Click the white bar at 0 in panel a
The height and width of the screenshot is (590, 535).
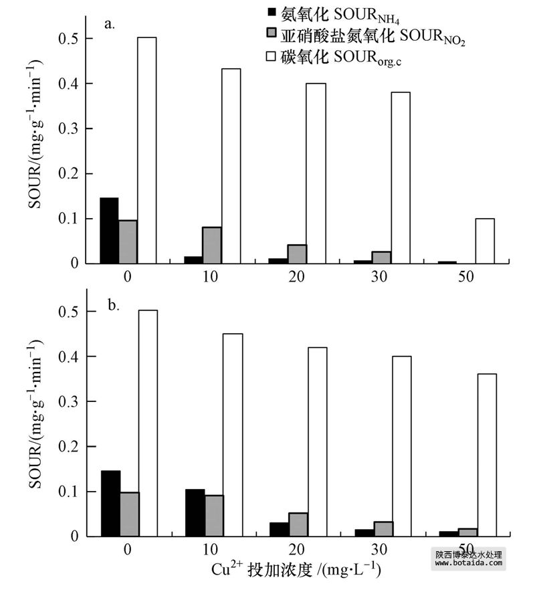coord(146,151)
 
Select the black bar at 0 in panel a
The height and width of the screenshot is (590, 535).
coord(109,231)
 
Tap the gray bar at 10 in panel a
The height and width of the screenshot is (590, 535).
coord(212,245)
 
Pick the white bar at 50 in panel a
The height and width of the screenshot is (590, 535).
coord(485,241)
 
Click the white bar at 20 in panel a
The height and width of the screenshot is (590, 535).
coord(316,173)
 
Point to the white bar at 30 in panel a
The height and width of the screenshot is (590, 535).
coord(401,178)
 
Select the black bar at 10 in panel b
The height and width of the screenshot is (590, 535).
coord(195,512)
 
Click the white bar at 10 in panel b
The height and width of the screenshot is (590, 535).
coord(232,435)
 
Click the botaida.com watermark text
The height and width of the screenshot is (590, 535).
coord(468,564)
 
